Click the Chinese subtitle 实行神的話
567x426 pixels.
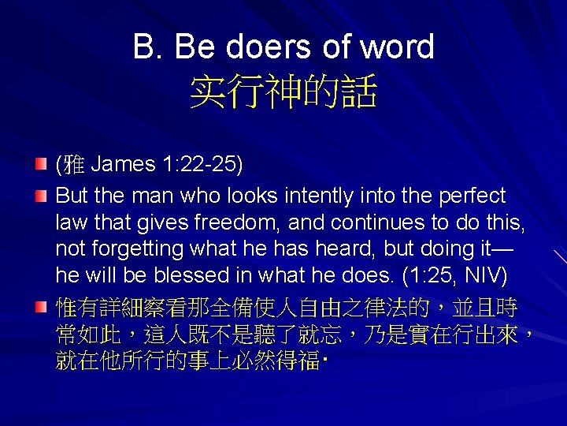point(283,92)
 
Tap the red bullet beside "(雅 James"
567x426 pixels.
point(43,164)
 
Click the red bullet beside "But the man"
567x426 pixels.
point(43,194)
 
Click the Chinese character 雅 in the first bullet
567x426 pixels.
point(72,166)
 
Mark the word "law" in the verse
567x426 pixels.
point(69,222)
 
